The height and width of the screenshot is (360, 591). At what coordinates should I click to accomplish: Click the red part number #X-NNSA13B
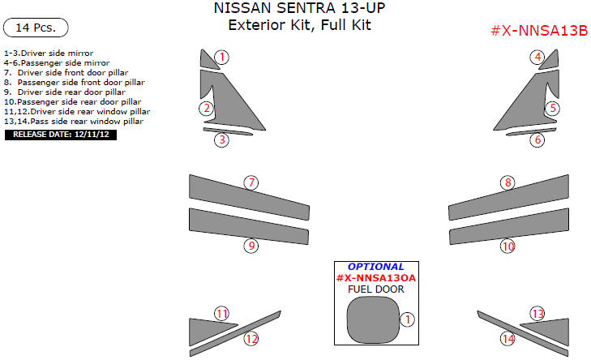[x=538, y=31]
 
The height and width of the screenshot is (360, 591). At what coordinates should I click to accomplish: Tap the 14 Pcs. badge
[x=36, y=28]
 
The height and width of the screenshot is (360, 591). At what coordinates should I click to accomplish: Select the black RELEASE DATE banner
[x=62, y=135]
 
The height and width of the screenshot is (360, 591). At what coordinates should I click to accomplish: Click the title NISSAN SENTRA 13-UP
[x=299, y=9]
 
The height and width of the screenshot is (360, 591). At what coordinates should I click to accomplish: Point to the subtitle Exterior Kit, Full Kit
[x=299, y=25]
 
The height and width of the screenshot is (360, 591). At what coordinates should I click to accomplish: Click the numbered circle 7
[x=252, y=182]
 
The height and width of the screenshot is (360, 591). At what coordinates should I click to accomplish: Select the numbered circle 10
[x=508, y=246]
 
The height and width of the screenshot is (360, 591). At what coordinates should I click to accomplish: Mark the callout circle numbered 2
[x=208, y=108]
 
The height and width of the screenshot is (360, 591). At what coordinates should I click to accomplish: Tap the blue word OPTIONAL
[x=375, y=267]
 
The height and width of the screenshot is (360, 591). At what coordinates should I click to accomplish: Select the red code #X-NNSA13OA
[x=375, y=278]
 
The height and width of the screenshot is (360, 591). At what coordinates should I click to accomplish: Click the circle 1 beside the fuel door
[x=409, y=320]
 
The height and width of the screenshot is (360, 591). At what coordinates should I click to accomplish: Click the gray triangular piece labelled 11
[x=204, y=328]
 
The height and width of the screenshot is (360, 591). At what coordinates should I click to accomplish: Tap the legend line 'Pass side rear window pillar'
[x=74, y=121]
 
